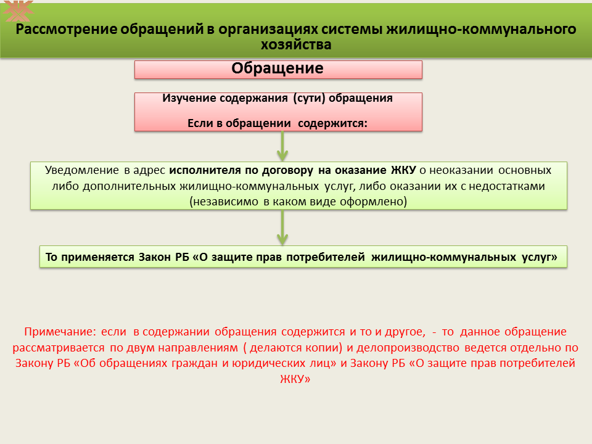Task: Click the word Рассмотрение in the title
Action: [x=66, y=29]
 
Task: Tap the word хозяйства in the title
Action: [x=296, y=44]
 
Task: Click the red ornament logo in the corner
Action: [x=17, y=10]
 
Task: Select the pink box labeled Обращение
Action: [x=278, y=70]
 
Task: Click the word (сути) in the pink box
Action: [x=309, y=98]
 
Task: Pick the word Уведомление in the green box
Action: [x=81, y=170]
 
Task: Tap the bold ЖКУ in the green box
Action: [x=403, y=170]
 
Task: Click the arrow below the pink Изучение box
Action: [x=282, y=146]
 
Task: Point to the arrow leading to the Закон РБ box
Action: [x=282, y=228]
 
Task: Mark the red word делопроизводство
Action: [x=408, y=348]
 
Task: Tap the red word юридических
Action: [x=268, y=363]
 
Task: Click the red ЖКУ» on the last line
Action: [x=295, y=379]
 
